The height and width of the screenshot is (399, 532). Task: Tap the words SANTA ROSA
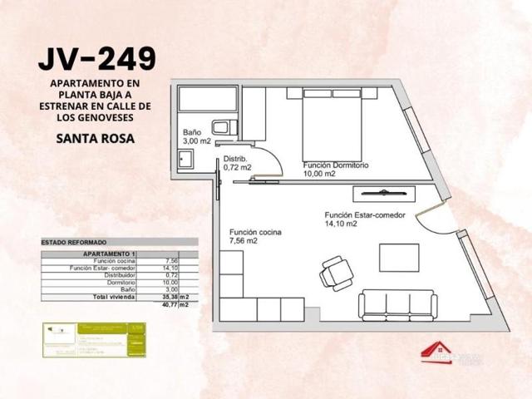(96, 138)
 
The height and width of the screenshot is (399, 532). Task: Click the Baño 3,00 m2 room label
(197, 138)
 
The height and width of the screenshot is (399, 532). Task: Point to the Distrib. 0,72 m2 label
(237, 163)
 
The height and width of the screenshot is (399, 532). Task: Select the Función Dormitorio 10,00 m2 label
(335, 170)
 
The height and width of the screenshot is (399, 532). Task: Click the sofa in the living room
(398, 305)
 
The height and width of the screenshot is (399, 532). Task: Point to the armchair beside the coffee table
(336, 271)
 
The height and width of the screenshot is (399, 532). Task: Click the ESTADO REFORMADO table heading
(70, 242)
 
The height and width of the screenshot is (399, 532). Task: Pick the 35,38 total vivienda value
(170, 297)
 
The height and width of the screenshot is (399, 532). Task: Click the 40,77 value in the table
(170, 304)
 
